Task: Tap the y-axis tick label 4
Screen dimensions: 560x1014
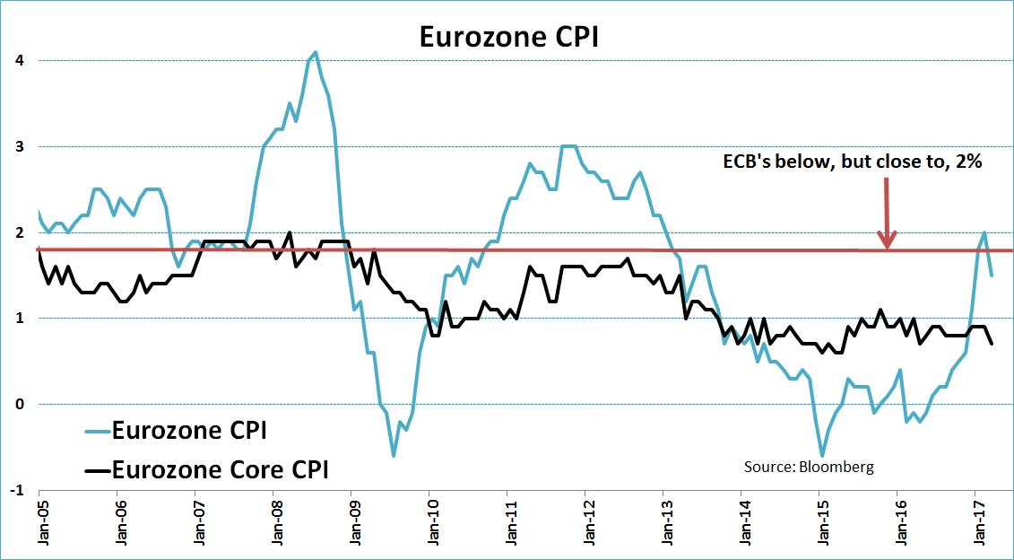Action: tap(19, 61)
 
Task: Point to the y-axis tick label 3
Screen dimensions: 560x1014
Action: tap(19, 146)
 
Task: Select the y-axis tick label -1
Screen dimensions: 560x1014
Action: tap(17, 490)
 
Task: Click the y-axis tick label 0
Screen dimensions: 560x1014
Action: tap(19, 404)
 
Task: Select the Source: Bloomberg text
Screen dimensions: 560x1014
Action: tap(808, 467)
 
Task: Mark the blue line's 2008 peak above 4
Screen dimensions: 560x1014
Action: tap(316, 52)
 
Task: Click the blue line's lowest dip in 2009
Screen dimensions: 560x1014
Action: tap(393, 456)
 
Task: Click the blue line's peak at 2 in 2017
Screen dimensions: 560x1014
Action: tap(984, 232)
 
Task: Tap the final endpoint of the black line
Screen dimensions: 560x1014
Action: tap(992, 344)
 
